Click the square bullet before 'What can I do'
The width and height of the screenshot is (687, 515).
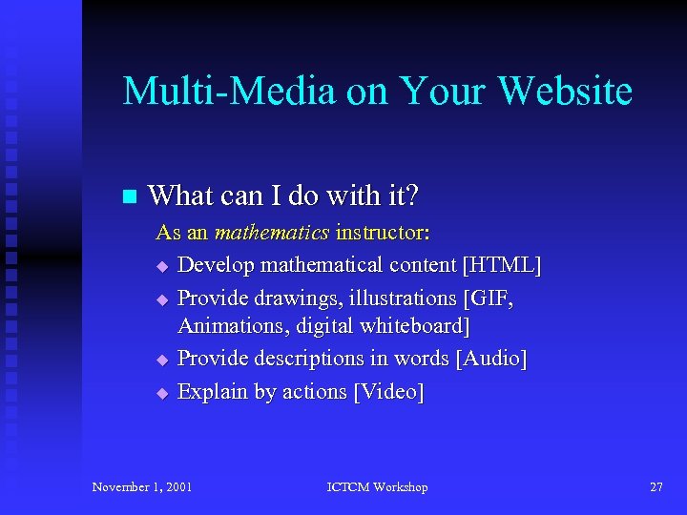[x=131, y=197]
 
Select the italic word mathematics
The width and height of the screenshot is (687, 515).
[x=272, y=232]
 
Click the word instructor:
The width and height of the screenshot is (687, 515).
[x=383, y=232]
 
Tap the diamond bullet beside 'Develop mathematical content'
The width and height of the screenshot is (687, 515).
[x=162, y=265]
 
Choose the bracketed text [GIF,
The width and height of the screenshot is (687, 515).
[x=489, y=299]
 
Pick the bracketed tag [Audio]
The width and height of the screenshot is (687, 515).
[x=490, y=359]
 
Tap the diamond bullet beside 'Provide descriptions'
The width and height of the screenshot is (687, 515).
[x=162, y=360]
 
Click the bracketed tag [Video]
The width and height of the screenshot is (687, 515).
[x=387, y=391]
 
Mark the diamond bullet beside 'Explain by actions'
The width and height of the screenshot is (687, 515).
[x=162, y=392]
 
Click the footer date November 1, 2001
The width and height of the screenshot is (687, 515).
[x=142, y=487]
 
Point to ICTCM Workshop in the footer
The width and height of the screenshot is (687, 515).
[x=377, y=487]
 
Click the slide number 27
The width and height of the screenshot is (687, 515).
[x=656, y=487]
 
